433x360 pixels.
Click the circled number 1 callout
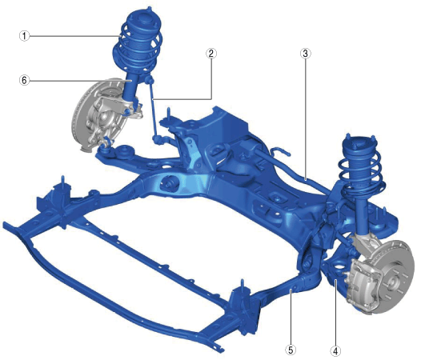(x=24, y=36)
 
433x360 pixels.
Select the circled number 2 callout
(x=211, y=54)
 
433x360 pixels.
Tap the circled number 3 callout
(x=306, y=54)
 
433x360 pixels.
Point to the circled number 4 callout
(x=335, y=351)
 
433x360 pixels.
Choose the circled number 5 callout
(x=291, y=350)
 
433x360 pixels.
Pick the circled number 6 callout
(x=24, y=80)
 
